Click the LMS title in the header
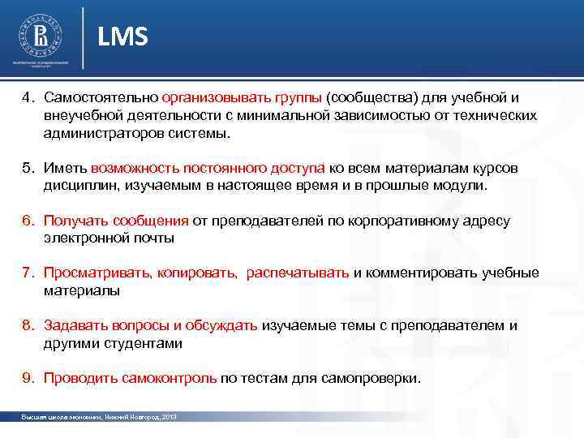click(123, 36)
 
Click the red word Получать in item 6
click(74, 221)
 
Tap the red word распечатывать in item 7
click(298, 273)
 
